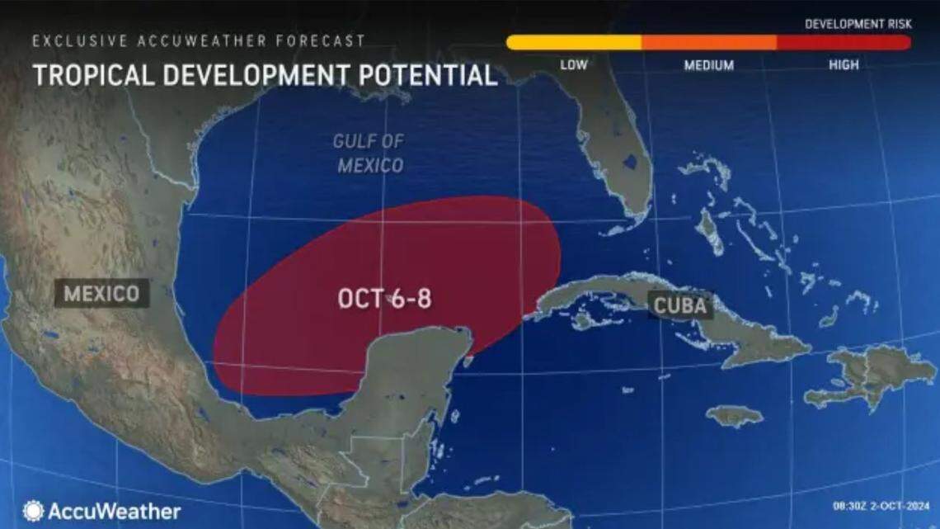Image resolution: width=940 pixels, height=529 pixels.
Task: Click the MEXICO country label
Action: click(102, 293)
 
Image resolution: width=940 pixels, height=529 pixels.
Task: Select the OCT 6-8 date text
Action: click(384, 299)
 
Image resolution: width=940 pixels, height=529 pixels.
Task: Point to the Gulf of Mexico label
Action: click(369, 153)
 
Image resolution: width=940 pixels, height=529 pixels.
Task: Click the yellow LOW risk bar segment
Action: click(574, 42)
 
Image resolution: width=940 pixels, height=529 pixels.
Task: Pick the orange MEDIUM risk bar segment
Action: click(708, 42)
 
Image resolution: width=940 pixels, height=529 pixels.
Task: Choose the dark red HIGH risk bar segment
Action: click(843, 42)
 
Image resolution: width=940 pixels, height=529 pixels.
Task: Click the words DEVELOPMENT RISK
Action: click(858, 24)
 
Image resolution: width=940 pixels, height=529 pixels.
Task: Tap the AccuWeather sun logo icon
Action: click(34, 511)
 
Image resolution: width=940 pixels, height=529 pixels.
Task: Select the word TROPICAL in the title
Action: click(91, 75)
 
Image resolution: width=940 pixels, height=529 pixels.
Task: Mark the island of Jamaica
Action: click(733, 415)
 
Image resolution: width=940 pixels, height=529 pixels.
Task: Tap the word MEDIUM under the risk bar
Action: click(708, 65)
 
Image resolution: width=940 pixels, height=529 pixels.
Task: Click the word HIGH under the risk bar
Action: click(844, 65)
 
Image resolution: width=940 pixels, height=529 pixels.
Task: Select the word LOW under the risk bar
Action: click(574, 65)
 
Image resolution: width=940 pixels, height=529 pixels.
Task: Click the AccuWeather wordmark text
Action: click(114, 512)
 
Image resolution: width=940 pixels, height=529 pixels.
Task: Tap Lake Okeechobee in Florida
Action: click(631, 161)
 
